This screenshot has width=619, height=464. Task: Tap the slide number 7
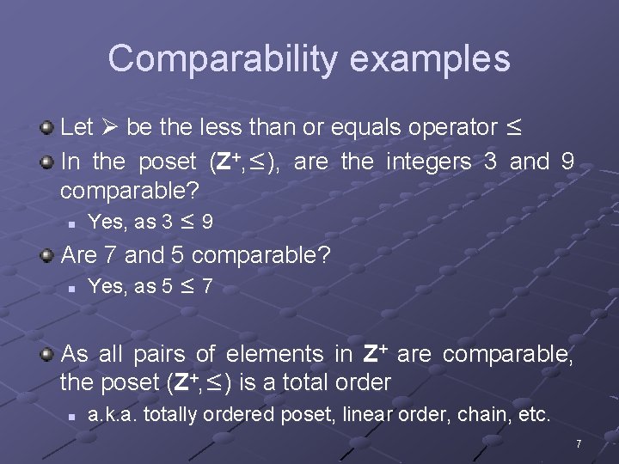coord(579,444)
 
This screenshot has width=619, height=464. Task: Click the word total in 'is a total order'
coord(309,382)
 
